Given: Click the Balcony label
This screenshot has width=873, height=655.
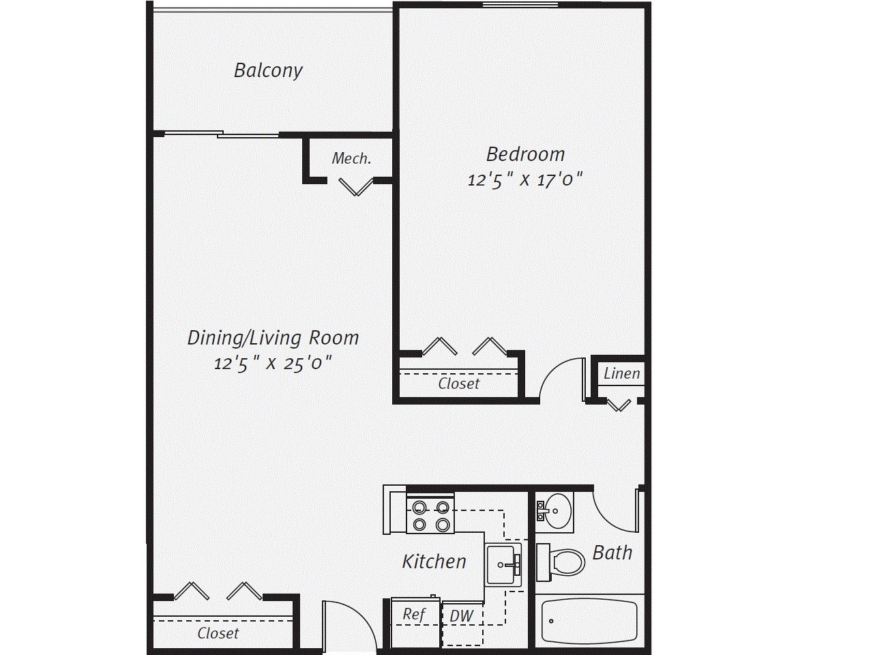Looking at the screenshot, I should pyautogui.click(x=268, y=70).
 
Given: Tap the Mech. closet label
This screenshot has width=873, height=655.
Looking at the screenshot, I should pyautogui.click(x=351, y=159).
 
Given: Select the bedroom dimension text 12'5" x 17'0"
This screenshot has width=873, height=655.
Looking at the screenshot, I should pyautogui.click(x=525, y=180).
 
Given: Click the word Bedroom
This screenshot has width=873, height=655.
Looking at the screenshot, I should pyautogui.click(x=525, y=154).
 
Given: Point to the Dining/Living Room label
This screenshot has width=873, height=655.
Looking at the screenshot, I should pyautogui.click(x=273, y=338).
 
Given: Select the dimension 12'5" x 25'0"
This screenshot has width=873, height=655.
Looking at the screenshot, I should pyautogui.click(x=273, y=363).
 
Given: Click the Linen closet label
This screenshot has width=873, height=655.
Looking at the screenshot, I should pyautogui.click(x=621, y=373).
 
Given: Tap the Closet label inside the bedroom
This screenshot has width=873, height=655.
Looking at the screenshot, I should pyautogui.click(x=459, y=383).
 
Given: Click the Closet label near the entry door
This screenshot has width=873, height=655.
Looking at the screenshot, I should pyautogui.click(x=218, y=633).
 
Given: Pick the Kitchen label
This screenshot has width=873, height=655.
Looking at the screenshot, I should pyautogui.click(x=434, y=562).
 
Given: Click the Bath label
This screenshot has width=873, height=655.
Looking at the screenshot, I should pyautogui.click(x=612, y=553).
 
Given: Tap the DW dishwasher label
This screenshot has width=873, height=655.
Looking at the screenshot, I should pyautogui.click(x=462, y=616).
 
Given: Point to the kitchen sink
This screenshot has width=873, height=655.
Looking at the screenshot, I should pyautogui.click(x=504, y=564).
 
